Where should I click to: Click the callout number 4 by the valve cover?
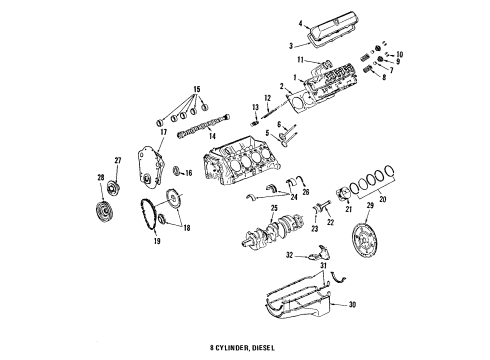coord(299,23)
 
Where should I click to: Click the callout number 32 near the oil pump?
coord(292,256)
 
